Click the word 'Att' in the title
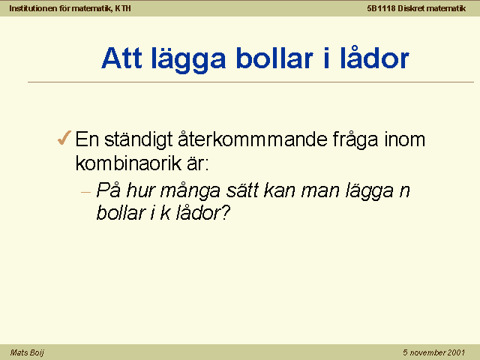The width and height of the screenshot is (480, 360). (121, 58)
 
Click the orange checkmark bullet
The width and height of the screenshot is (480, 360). (64, 137)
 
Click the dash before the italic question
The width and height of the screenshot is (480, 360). (86, 193)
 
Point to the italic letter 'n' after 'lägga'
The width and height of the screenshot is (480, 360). (404, 192)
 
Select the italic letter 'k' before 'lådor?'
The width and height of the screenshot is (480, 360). (165, 212)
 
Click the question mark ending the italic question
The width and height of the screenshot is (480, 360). (226, 212)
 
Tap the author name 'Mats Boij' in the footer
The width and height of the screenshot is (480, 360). (27, 352)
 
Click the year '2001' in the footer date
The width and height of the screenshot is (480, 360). (455, 352)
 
